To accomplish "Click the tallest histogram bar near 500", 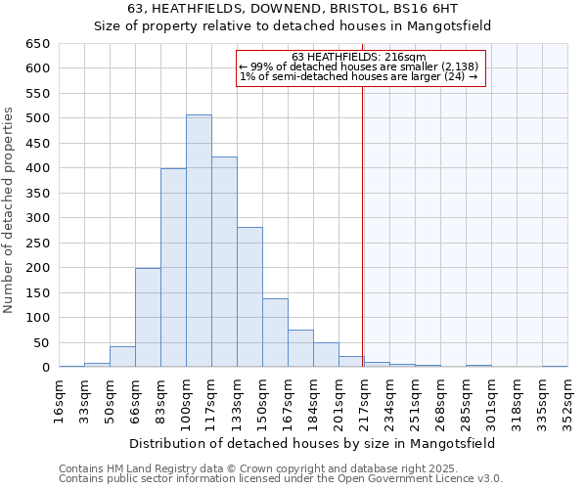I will coord(199,241).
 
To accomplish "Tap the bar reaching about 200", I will coord(148,317).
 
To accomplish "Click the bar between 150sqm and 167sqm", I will coord(275,333).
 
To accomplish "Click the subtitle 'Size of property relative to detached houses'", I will coord(293,26).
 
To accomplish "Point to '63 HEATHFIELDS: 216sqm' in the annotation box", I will coord(358,57).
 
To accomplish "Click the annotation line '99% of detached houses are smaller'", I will coord(358,67).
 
